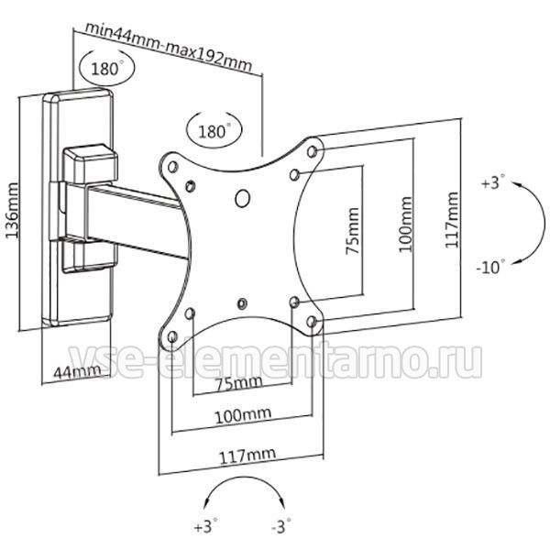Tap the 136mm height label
click(x=12, y=211)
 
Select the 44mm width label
click(x=77, y=371)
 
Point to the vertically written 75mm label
click(x=353, y=231)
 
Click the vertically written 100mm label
click(x=405, y=225)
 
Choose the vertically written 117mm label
click(x=452, y=220)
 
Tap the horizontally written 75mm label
click(x=239, y=383)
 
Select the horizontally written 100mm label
click(x=243, y=415)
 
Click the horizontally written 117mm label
click(x=247, y=456)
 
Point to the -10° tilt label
click(x=491, y=267)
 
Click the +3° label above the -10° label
click(x=493, y=182)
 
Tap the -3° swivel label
click(x=281, y=526)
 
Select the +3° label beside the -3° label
click(x=206, y=526)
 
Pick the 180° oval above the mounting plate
click(x=214, y=131)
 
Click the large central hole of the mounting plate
click(x=242, y=199)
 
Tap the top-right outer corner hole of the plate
click(x=312, y=151)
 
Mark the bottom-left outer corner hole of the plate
click(x=172, y=337)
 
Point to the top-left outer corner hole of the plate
click(x=172, y=167)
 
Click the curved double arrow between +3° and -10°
click(x=544, y=223)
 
